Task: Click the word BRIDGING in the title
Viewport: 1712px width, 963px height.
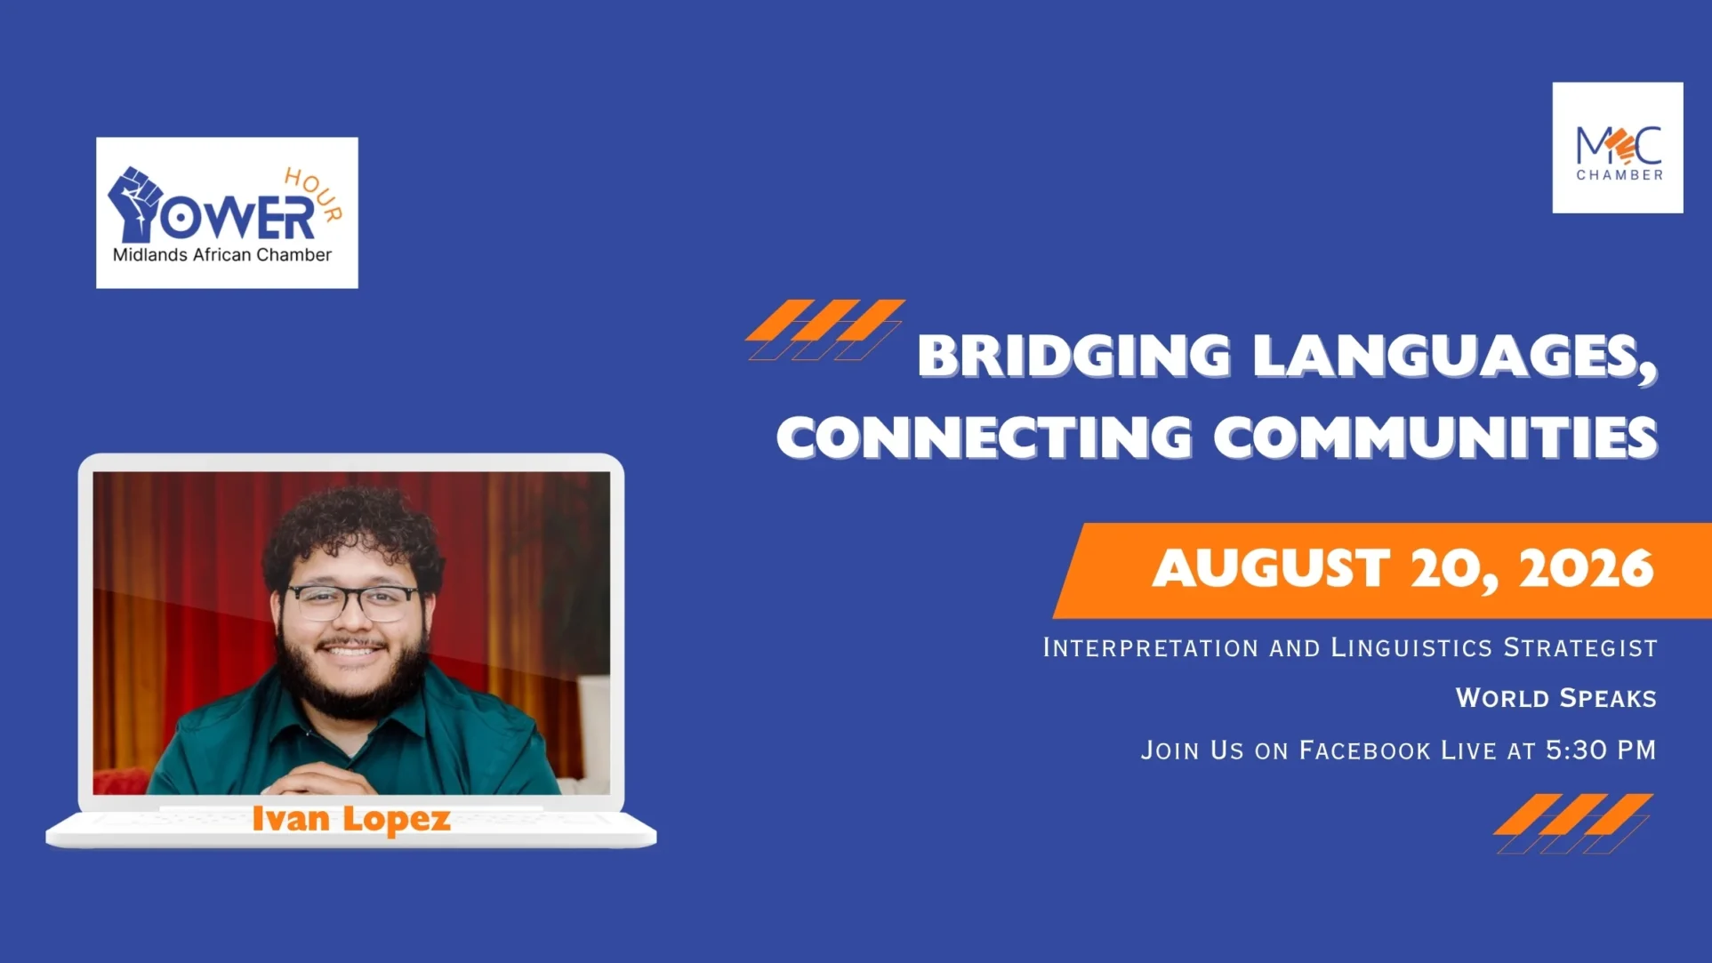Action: (x=1074, y=356)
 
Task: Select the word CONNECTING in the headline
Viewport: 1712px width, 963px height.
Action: (x=985, y=437)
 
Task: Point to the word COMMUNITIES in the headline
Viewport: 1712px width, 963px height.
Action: (x=1435, y=437)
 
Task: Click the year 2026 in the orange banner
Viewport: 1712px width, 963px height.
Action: (x=1586, y=568)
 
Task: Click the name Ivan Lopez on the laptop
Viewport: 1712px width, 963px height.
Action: (x=351, y=819)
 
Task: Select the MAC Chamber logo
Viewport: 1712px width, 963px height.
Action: (x=1618, y=148)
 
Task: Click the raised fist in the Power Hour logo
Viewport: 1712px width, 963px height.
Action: (x=135, y=204)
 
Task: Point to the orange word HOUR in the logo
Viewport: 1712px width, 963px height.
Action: (x=314, y=193)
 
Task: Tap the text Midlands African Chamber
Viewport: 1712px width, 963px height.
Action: (x=222, y=255)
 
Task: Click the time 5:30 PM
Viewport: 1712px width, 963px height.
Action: (x=1601, y=750)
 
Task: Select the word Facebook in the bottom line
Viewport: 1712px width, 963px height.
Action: (x=1365, y=750)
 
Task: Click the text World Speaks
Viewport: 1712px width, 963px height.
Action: (x=1556, y=698)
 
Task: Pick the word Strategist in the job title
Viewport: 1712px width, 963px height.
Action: (x=1580, y=647)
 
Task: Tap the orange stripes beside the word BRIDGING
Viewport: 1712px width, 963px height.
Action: (x=825, y=330)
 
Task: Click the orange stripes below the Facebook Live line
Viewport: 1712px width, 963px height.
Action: (x=1573, y=823)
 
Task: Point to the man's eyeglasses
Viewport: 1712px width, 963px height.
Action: (x=354, y=603)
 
